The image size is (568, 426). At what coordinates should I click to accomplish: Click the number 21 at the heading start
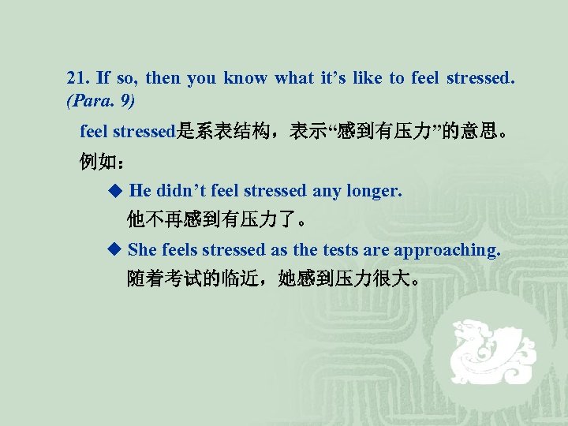(77, 78)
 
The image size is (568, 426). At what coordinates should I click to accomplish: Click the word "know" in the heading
(245, 78)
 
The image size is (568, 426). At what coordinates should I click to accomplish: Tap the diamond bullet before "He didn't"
(115, 190)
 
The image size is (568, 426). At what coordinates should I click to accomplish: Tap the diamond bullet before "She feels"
(115, 249)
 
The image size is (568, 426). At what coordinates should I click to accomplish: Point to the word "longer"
(375, 191)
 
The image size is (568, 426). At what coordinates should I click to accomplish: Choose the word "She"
(142, 250)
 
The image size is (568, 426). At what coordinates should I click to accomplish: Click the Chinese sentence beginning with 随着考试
(271, 278)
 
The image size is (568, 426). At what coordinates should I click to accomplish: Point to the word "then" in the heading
(163, 78)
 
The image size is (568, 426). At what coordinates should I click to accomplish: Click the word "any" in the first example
(327, 191)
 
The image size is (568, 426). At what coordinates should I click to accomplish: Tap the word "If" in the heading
(103, 78)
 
